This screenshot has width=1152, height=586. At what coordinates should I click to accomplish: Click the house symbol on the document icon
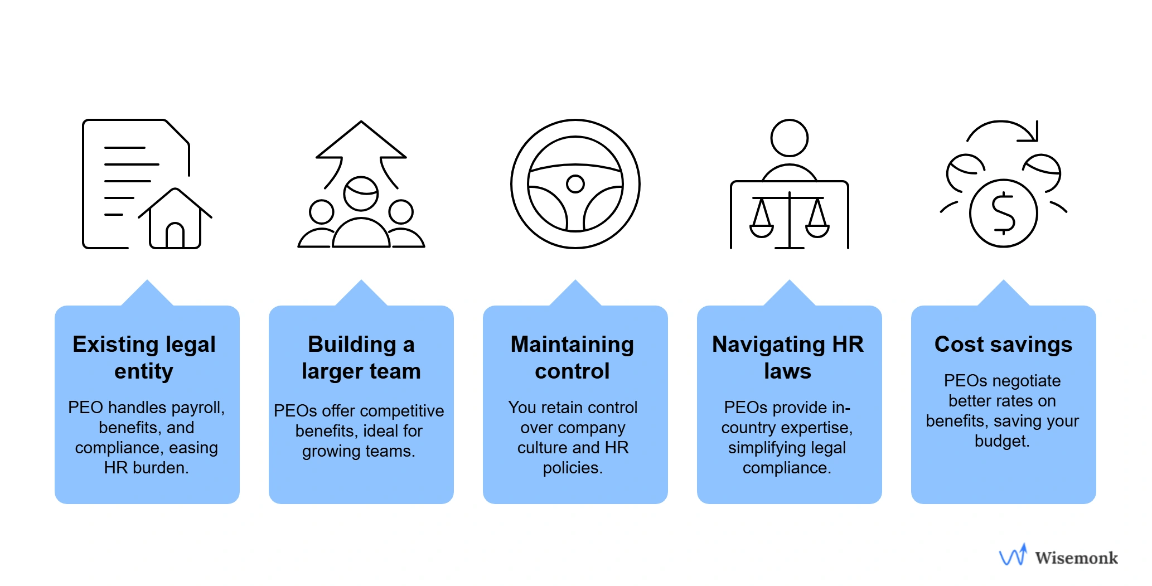pos(175,220)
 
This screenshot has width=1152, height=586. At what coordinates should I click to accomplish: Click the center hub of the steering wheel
pos(575,183)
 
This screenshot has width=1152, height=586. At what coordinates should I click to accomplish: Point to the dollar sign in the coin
pos(1004,213)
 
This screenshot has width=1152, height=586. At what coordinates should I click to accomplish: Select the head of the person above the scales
pos(789,138)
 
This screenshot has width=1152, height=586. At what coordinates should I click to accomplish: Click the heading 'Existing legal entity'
pos(144,357)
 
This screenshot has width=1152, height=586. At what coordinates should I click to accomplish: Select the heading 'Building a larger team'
pos(361,357)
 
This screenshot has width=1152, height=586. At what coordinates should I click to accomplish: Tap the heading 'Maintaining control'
pos(573,357)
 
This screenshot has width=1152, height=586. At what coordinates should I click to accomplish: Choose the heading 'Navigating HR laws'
pos(788,357)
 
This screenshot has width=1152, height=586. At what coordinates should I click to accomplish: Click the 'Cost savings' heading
pos(1003,344)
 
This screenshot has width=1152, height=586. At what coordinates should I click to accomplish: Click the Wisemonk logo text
pos(1076,558)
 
